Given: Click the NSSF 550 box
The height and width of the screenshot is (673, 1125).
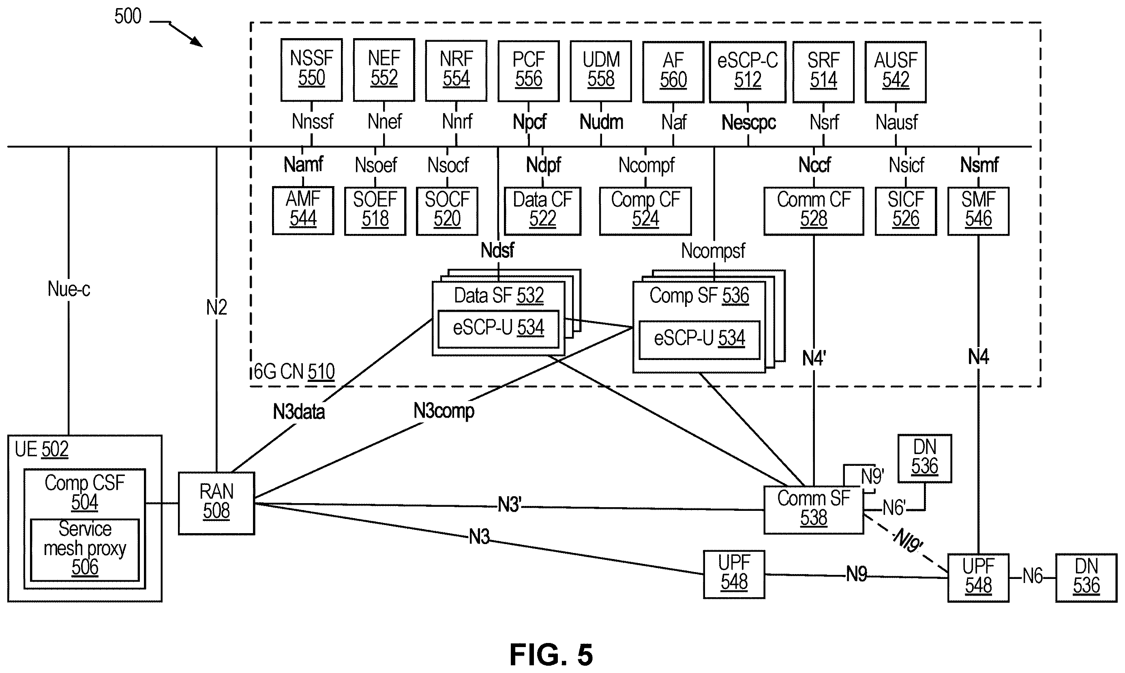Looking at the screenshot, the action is pos(311,70).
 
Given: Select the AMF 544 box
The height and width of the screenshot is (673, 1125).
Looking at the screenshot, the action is pos(303,210).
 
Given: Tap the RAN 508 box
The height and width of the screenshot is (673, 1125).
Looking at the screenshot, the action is pos(216,504).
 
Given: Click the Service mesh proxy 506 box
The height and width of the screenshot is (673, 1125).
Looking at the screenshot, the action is pos(85,550).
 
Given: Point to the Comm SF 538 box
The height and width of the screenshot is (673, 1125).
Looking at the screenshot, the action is pos(814,510).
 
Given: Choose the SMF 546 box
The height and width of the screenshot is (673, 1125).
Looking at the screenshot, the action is pos(978,211).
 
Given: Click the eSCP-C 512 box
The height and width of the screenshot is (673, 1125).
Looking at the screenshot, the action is pos(747,72).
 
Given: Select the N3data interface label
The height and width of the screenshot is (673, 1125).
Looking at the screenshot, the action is pos(299,412).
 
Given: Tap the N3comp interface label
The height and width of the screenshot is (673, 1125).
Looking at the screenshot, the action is pos(444,411).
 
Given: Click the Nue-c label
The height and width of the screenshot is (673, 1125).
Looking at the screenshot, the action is pos(69,289).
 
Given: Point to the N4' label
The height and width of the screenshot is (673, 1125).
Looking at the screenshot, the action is pos(814,358).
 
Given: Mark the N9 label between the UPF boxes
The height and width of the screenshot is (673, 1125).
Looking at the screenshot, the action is pos(857,574).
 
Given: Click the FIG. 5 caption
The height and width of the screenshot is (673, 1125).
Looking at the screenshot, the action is pos(551,654).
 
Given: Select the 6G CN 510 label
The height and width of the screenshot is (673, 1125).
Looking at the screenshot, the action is pos(294,372).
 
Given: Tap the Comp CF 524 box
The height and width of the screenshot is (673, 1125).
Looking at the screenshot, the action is pos(645,211).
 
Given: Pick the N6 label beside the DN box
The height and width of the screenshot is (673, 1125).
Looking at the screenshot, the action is pos(1033,576).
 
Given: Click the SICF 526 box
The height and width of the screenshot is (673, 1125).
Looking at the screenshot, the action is pos(906,211).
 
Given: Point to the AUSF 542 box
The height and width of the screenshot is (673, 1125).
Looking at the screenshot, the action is pos(896,72).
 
